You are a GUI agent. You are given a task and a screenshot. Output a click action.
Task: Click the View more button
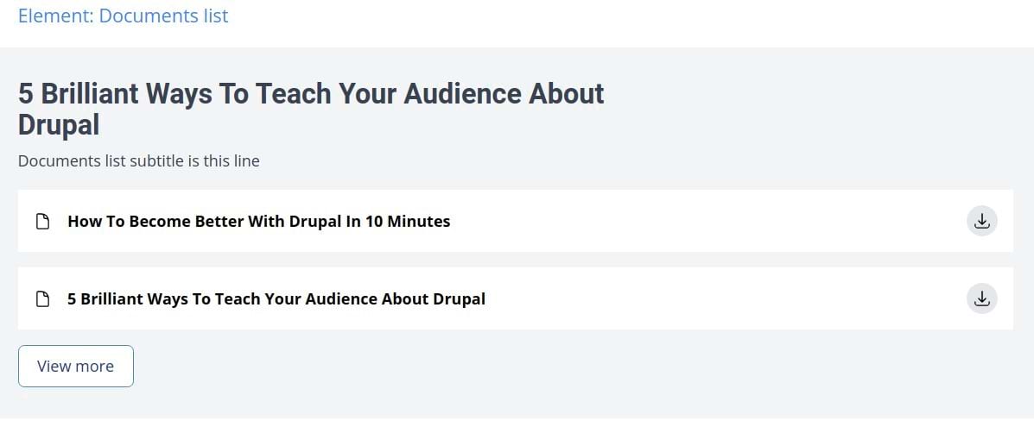click(76, 366)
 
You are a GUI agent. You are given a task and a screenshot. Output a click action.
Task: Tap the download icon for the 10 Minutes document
click(982, 221)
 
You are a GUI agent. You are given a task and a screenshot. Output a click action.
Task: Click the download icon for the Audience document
click(982, 298)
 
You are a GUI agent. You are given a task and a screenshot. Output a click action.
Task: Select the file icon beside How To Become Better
click(43, 221)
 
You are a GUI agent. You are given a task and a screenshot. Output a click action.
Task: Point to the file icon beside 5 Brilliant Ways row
click(43, 298)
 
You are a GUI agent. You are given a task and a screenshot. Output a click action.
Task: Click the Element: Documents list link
click(124, 16)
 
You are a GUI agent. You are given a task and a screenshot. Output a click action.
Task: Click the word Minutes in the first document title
click(419, 221)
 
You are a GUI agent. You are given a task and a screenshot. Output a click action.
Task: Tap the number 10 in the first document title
click(374, 221)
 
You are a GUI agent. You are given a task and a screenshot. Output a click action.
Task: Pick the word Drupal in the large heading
click(59, 124)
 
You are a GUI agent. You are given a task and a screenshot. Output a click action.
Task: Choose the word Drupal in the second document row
click(459, 299)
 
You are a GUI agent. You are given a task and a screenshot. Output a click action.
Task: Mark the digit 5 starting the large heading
click(26, 93)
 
